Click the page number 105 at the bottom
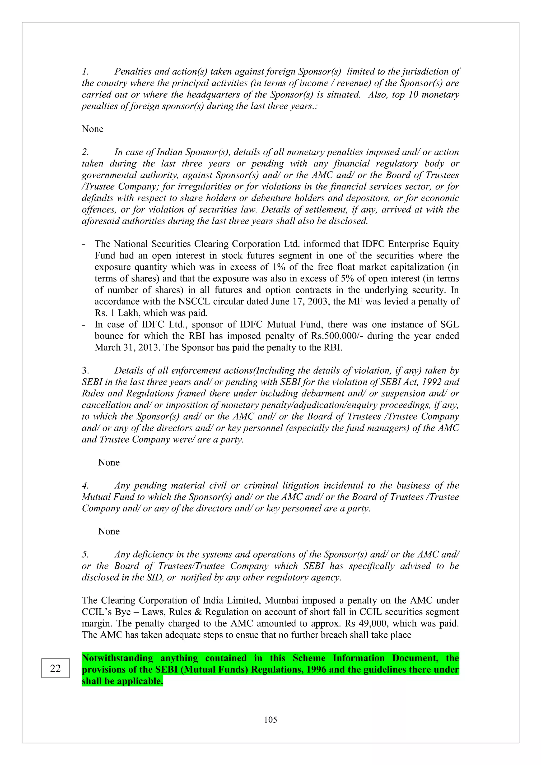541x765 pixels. [x=270, y=720]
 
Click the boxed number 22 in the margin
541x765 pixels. [x=55, y=668]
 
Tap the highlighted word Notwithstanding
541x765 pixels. [x=117, y=658]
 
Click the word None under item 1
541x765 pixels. [x=93, y=129]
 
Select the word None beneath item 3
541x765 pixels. [x=109, y=462]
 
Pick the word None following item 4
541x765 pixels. [x=109, y=531]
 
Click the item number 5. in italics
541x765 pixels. [x=85, y=554]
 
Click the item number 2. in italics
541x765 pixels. [x=85, y=152]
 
